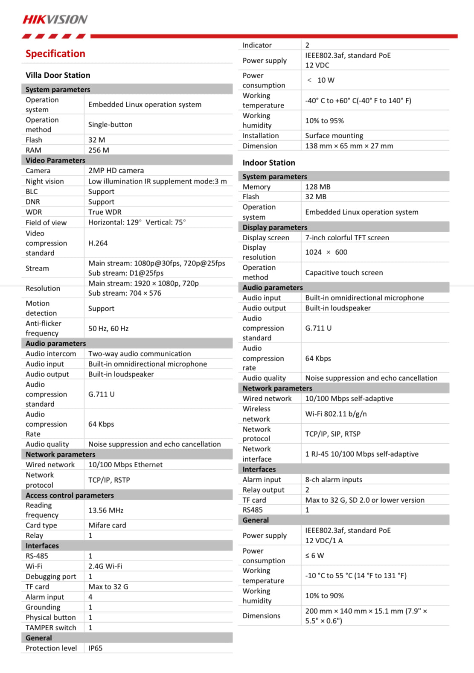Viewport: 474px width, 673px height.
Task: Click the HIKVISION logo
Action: click(55, 20)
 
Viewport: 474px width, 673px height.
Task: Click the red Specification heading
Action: click(55, 54)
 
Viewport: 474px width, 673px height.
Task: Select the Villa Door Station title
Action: click(58, 76)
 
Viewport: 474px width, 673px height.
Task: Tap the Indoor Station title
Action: click(269, 163)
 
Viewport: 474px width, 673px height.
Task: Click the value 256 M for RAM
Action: click(99, 150)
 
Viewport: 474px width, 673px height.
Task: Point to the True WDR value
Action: click(105, 212)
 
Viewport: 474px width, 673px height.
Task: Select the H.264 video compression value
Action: click(98, 243)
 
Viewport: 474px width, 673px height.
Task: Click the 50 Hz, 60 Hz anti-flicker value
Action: click(108, 329)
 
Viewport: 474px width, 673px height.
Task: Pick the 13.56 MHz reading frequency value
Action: click(106, 510)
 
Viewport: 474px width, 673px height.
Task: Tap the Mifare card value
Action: click(107, 525)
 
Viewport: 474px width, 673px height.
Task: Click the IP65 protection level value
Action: click(96, 648)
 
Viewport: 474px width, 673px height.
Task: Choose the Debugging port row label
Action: click(51, 577)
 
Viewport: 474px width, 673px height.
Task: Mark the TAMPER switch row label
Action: click(51, 628)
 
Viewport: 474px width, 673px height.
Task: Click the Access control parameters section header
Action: click(70, 495)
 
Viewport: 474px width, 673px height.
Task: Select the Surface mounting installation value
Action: click(334, 136)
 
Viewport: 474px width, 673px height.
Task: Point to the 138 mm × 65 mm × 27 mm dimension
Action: click(349, 146)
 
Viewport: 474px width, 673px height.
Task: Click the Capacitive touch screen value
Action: click(344, 273)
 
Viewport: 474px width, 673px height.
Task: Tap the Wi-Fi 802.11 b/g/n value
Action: click(336, 414)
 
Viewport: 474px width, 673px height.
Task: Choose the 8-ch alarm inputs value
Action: click(334, 480)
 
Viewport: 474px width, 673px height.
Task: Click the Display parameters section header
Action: click(275, 227)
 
